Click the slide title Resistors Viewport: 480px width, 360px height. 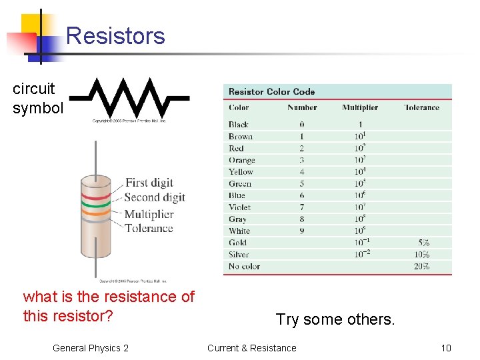pyautogui.click(x=115, y=35)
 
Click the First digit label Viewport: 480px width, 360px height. pyautogui.click(x=149, y=183)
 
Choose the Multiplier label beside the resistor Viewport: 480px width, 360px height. pyautogui.click(x=149, y=214)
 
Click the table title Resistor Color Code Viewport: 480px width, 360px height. pyautogui.click(x=271, y=91)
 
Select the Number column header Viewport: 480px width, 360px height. pyautogui.click(x=302, y=107)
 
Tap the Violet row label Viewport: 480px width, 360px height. pyautogui.click(x=239, y=207)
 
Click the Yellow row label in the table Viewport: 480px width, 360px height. pyautogui.click(x=241, y=172)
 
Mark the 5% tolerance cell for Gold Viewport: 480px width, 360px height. pyautogui.click(x=423, y=243)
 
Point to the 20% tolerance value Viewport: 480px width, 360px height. pyautogui.click(x=421, y=266)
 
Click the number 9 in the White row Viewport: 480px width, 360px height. pyautogui.click(x=302, y=231)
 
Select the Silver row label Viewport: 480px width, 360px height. pyautogui.click(x=239, y=255)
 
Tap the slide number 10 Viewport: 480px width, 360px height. pyautogui.click(x=446, y=348)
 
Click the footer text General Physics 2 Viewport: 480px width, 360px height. pyautogui.click(x=91, y=348)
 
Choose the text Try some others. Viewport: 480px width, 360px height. pyautogui.click(x=335, y=319)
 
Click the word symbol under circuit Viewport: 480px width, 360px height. pyautogui.click(x=37, y=108)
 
